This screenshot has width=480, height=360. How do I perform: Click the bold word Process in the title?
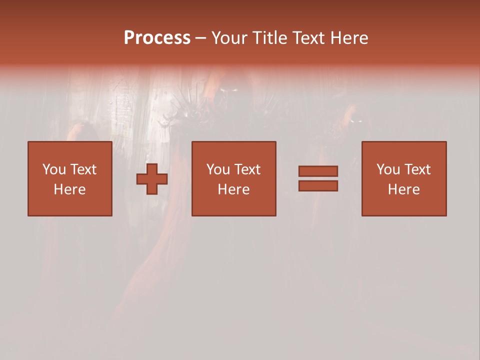157,38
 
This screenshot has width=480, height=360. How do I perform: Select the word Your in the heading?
229,38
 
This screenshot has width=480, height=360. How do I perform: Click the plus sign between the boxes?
152,179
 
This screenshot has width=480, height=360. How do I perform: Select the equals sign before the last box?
318,178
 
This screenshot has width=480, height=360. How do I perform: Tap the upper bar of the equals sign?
318,171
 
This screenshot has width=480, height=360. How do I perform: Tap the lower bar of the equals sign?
318,186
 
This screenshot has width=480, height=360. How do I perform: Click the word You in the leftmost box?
53,169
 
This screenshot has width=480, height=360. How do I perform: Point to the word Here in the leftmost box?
70,189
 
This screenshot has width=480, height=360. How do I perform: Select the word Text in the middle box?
247,169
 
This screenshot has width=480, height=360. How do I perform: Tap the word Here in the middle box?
234,189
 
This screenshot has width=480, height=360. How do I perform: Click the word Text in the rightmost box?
417,169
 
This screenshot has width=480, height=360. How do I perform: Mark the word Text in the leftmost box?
83,169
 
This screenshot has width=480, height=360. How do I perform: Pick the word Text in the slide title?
307,38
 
